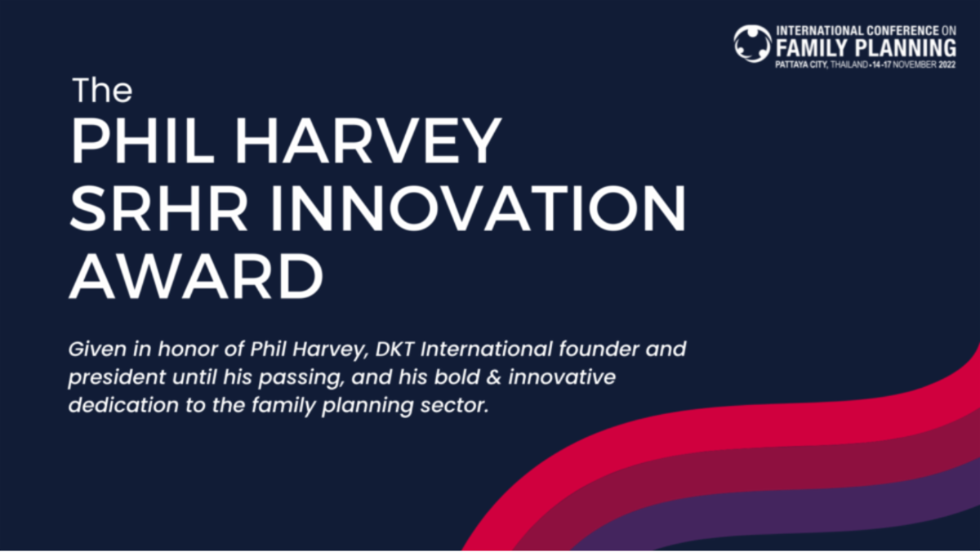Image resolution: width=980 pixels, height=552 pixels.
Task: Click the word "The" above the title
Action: pos(102,90)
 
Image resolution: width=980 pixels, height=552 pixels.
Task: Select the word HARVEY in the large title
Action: pos(368,140)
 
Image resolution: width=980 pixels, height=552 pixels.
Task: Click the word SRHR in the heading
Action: pos(158,208)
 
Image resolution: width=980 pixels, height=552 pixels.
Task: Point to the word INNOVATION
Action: pos(479,208)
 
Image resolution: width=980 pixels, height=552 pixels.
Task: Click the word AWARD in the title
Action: pos(197,277)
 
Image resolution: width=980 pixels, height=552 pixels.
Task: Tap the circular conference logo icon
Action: pos(752,44)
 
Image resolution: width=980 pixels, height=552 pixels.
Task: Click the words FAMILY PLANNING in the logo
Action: pos(866,48)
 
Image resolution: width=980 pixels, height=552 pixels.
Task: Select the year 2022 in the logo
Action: pos(947,65)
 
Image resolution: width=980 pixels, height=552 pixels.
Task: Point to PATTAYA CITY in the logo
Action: pos(801,65)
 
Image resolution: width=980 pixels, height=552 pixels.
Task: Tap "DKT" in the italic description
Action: pos(394,349)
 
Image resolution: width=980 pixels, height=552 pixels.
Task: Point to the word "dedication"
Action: pos(124,405)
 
